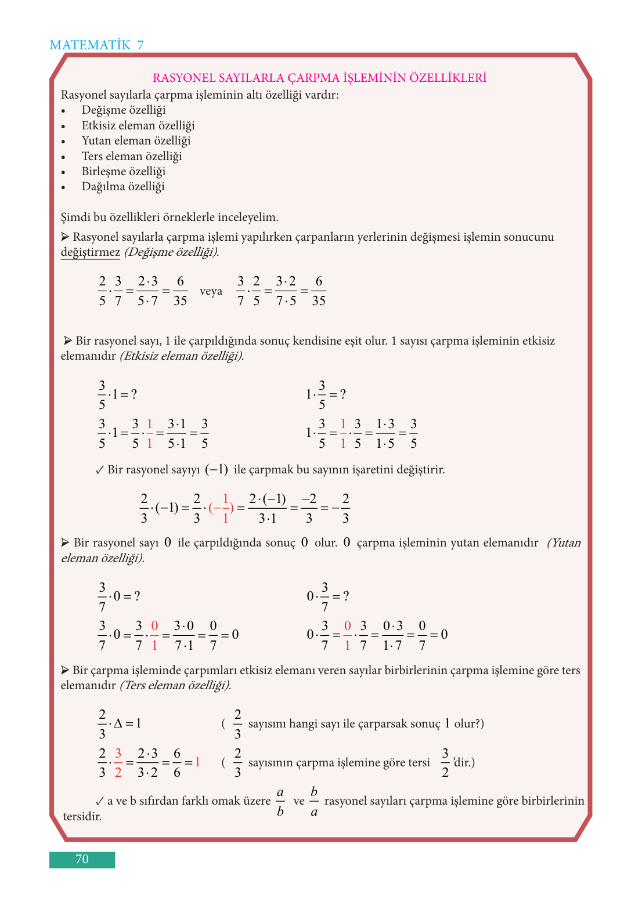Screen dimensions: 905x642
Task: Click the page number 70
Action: (82, 859)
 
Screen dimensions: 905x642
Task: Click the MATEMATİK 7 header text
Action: (96, 45)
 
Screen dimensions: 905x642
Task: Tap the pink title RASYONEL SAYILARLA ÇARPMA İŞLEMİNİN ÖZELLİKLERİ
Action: (319, 78)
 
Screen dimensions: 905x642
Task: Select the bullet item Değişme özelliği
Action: (123, 110)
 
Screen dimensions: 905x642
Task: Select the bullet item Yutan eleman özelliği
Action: (136, 141)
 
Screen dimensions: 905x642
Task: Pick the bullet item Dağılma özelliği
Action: (122, 187)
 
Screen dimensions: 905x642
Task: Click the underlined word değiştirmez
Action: (90, 252)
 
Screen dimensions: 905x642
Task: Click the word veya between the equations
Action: (211, 291)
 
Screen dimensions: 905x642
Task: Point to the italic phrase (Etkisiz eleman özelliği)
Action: (182, 356)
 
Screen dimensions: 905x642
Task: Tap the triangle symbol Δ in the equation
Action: (118, 723)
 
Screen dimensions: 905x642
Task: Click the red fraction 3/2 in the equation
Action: (118, 762)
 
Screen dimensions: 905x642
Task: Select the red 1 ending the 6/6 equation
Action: (197, 762)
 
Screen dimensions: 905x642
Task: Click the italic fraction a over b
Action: (280, 801)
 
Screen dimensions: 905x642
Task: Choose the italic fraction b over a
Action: (314, 801)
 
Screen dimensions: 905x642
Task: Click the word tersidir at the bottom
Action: (82, 817)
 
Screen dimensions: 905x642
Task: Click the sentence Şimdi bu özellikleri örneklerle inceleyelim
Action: (169, 218)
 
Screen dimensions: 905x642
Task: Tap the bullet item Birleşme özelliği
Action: (123, 172)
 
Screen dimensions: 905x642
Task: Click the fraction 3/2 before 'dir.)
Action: (445, 762)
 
